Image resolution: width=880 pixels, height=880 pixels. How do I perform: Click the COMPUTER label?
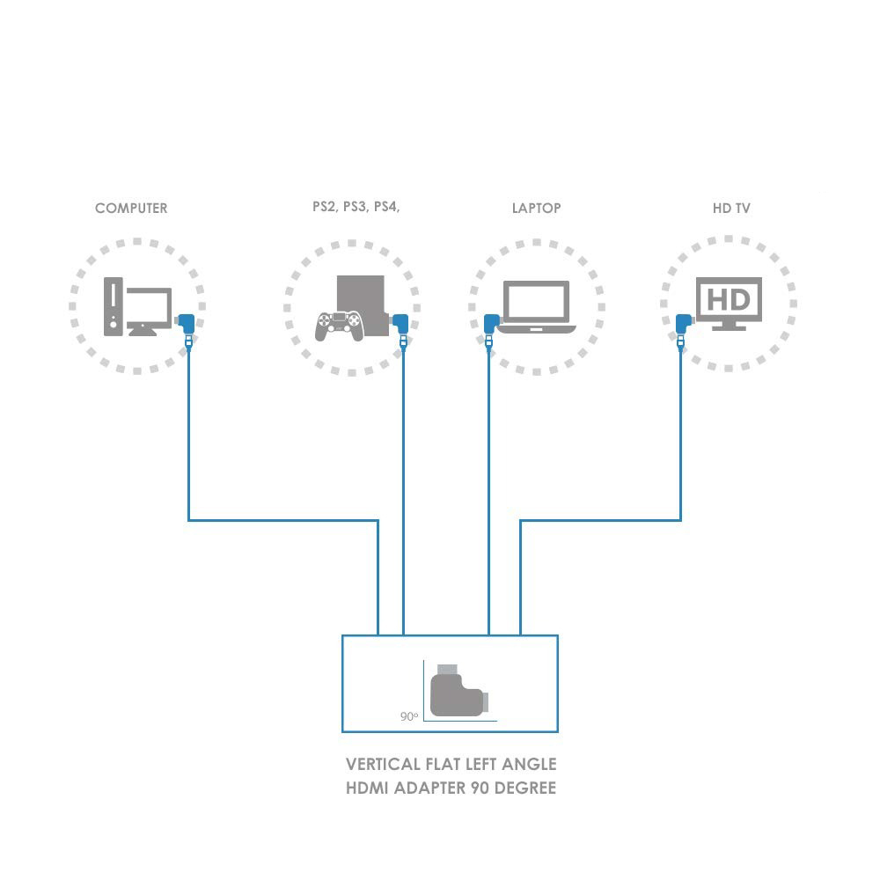click(130, 209)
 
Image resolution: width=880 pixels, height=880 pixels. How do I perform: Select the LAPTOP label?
click(536, 209)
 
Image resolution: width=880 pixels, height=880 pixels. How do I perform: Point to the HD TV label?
click(731, 209)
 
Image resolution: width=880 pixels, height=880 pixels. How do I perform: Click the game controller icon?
click(339, 326)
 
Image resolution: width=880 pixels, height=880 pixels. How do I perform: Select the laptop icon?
click(535, 307)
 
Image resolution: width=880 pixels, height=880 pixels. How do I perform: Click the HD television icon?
click(729, 304)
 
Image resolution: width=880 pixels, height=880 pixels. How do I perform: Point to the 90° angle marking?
click(408, 716)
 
